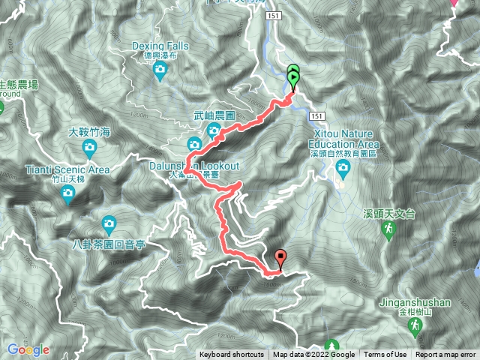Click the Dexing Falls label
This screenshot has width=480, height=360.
(x=160, y=46)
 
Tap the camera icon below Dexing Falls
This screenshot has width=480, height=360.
(x=159, y=70)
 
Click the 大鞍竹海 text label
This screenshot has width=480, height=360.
(x=89, y=132)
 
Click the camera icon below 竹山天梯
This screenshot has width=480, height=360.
(x=67, y=196)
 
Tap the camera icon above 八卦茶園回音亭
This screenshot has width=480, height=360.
(x=109, y=223)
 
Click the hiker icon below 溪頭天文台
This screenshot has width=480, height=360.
(x=388, y=228)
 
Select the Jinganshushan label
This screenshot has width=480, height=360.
(x=414, y=302)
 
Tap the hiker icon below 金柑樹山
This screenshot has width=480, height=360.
(x=414, y=326)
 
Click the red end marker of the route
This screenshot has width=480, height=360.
(x=280, y=259)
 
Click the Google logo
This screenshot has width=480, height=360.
(x=28, y=349)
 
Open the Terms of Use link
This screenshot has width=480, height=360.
(x=385, y=355)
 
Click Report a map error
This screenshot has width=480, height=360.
(x=445, y=355)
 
